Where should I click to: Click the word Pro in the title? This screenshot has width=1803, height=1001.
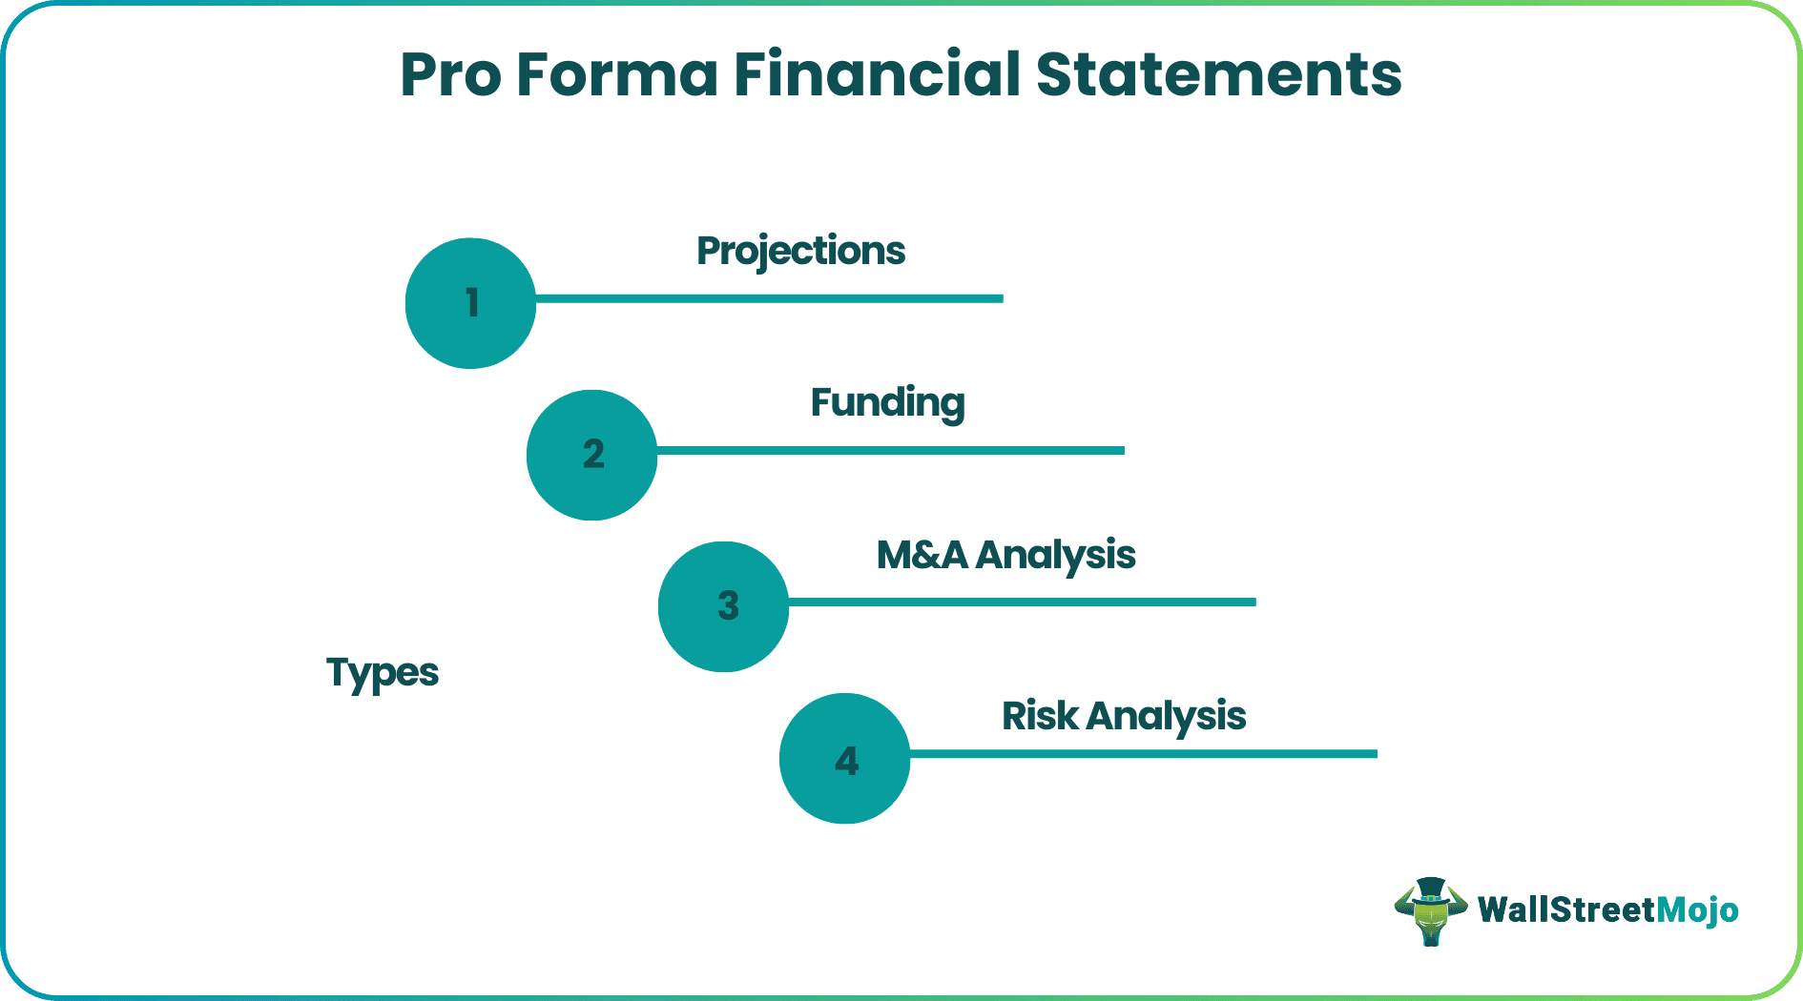pyautogui.click(x=450, y=75)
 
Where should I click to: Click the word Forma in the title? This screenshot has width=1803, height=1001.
pyautogui.click(x=617, y=75)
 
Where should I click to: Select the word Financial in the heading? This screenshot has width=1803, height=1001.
pyautogui.click(x=877, y=75)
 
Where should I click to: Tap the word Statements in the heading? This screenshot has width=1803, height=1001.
pyautogui.click(x=1218, y=75)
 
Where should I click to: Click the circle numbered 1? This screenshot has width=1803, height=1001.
pyautogui.click(x=470, y=303)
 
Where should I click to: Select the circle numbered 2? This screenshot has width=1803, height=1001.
pyautogui.click(x=591, y=455)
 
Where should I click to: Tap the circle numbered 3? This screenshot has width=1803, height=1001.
pyautogui.click(x=723, y=606)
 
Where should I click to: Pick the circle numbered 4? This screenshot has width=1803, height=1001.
pyautogui.click(x=844, y=759)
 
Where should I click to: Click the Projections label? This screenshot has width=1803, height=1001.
pyautogui.click(x=800, y=252)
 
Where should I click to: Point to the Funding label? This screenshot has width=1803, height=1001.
pyautogui.click(x=887, y=403)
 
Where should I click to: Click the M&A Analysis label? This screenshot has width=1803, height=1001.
pyautogui.click(x=1005, y=555)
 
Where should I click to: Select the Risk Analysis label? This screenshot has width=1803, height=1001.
pyautogui.click(x=1123, y=716)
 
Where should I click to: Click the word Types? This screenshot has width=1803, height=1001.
pyautogui.click(x=382, y=673)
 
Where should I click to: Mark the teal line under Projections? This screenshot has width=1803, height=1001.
pyautogui.click(x=769, y=298)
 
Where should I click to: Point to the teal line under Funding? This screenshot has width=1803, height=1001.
pyautogui.click(x=890, y=450)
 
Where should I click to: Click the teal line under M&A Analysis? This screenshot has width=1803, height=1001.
pyautogui.click(x=1022, y=602)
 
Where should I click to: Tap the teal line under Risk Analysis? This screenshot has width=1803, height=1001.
pyautogui.click(x=1143, y=753)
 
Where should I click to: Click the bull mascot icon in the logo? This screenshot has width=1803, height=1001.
pyautogui.click(x=1430, y=915)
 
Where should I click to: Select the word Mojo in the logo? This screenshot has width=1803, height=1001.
pyautogui.click(x=1697, y=910)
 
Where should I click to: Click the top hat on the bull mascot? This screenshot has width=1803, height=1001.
pyautogui.click(x=1430, y=889)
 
